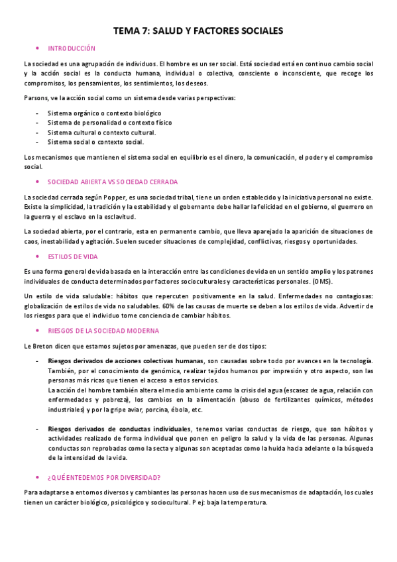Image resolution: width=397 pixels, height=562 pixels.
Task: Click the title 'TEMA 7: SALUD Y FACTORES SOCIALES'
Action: click(x=198, y=30)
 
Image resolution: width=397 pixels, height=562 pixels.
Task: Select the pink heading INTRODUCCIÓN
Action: click(x=72, y=48)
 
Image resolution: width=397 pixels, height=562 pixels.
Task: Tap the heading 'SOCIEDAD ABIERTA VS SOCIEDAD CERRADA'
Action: click(x=113, y=182)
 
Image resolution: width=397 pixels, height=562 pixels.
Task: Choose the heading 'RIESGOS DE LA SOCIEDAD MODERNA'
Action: click(x=103, y=331)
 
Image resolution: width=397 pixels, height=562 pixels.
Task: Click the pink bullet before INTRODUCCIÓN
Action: click(x=38, y=48)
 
